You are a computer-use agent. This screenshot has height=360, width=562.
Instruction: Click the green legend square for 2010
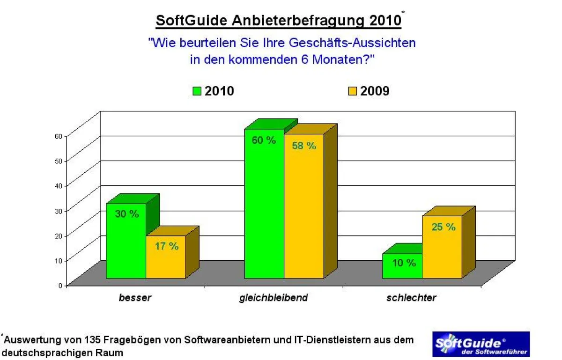(x=197, y=91)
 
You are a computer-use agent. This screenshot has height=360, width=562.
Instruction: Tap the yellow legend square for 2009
(x=353, y=91)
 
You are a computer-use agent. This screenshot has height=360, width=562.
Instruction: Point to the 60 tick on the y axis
(x=58, y=136)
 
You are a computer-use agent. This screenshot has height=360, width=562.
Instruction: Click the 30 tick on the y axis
(x=58, y=210)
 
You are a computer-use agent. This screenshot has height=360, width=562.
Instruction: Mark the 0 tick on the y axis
(x=60, y=285)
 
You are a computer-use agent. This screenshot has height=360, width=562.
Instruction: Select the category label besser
(x=135, y=298)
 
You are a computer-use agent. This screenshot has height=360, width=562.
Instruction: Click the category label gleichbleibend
(x=273, y=298)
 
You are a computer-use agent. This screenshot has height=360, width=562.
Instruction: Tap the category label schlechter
(x=411, y=298)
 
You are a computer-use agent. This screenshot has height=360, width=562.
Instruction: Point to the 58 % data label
(x=304, y=146)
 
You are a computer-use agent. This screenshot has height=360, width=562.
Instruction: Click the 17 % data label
(x=166, y=246)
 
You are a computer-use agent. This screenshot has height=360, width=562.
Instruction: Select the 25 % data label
(x=443, y=227)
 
